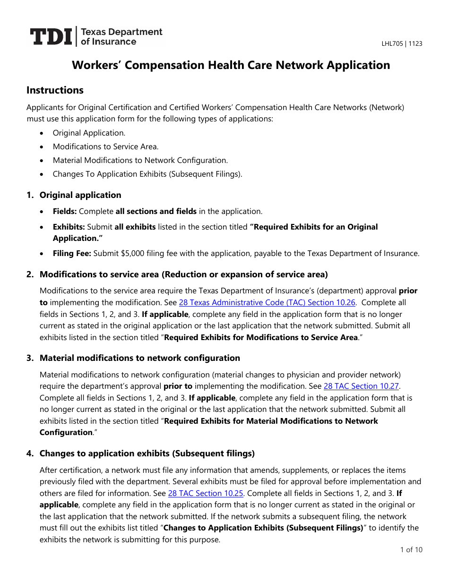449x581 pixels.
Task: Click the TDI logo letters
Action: point(51,37)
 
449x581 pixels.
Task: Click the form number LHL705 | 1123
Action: point(402,44)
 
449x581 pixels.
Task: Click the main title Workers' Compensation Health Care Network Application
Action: point(231,65)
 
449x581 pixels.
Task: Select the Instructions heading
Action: point(55,90)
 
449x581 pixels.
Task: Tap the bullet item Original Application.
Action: point(89,133)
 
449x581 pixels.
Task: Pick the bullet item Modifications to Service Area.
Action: point(105,147)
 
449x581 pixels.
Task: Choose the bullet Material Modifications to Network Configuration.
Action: point(140,161)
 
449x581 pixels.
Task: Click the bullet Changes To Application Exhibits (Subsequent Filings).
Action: point(147,174)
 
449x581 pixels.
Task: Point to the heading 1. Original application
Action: point(80,195)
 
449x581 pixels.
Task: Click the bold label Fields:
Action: point(65,212)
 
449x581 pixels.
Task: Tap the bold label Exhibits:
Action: point(69,227)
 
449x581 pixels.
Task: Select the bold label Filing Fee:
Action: point(72,254)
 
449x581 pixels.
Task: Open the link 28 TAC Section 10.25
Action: point(206,493)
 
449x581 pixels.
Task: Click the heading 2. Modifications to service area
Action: point(183,274)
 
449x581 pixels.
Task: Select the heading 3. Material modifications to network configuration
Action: point(139,358)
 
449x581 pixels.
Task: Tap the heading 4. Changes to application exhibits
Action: point(147,453)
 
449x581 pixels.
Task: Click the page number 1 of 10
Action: point(411,549)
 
